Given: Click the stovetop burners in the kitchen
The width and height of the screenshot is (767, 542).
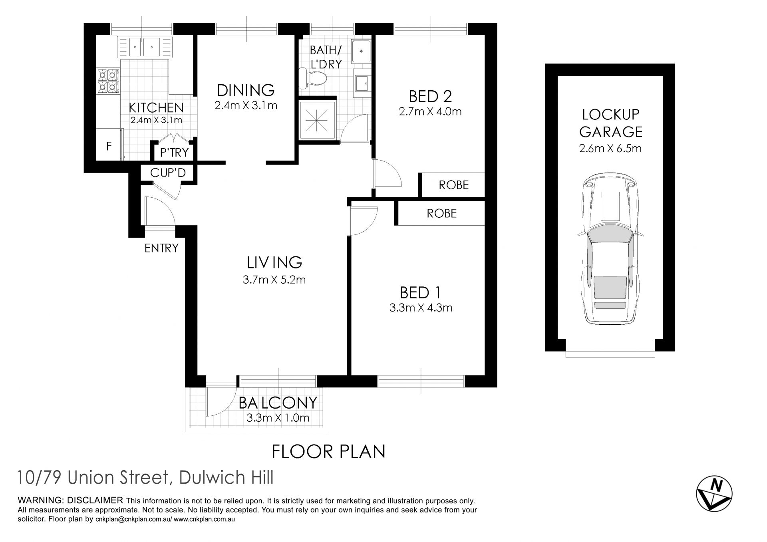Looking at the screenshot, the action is pyautogui.click(x=108, y=81).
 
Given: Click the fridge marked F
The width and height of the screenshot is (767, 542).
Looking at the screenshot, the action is pyautogui.click(x=109, y=146).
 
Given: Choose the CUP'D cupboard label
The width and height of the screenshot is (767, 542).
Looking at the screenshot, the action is pyautogui.click(x=168, y=173).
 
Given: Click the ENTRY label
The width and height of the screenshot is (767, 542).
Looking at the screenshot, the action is pyautogui.click(x=161, y=248).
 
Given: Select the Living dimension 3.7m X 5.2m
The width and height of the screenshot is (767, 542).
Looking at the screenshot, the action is pyautogui.click(x=274, y=280).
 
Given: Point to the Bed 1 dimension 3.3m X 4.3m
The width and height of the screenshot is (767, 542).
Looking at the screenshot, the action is pyautogui.click(x=421, y=308).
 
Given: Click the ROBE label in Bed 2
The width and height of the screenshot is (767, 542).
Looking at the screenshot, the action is pyautogui.click(x=453, y=185).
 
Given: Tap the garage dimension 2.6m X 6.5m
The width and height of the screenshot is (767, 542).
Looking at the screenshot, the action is pyautogui.click(x=610, y=149).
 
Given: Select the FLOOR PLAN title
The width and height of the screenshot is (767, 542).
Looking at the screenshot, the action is pyautogui.click(x=328, y=452).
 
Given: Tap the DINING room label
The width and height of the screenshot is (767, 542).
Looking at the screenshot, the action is pyautogui.click(x=246, y=90).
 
